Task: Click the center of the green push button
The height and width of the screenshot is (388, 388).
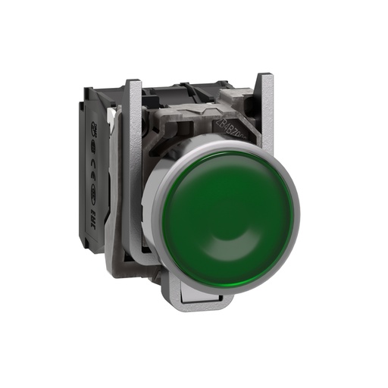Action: pyautogui.click(x=227, y=208)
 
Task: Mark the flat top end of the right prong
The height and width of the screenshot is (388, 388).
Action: pyautogui.click(x=265, y=75)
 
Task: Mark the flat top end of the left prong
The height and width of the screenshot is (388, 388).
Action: pyautogui.click(x=133, y=81)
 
